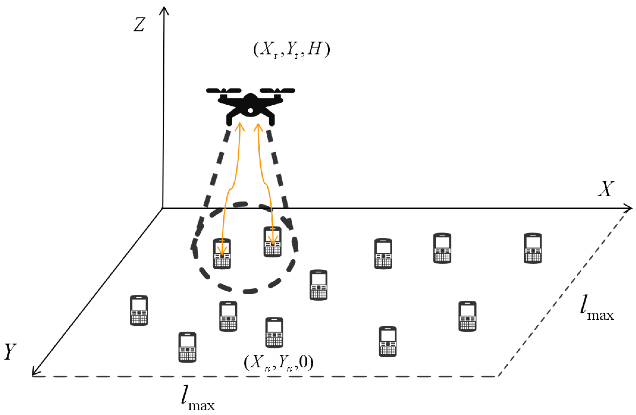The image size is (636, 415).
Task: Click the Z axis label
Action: pos(139,25)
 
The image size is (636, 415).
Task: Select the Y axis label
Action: pos(10,352)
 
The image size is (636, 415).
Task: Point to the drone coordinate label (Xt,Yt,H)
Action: pos(291,50)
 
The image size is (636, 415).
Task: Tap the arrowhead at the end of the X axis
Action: pos(628,208)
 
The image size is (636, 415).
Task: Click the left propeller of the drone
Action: pos(224,90)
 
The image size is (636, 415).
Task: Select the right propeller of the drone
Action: pos(277,90)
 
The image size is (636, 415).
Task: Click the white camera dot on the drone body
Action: pos(250,110)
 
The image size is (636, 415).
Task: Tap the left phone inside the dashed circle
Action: pos(222,254)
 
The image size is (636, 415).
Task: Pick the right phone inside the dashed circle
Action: pos(272,242)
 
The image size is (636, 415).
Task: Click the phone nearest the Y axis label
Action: pos(139,310)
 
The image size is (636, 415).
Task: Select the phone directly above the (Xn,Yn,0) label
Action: pos(274,332)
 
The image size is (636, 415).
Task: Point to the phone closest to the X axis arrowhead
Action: pos(533,248)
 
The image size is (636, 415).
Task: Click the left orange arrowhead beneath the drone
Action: pos(240,126)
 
